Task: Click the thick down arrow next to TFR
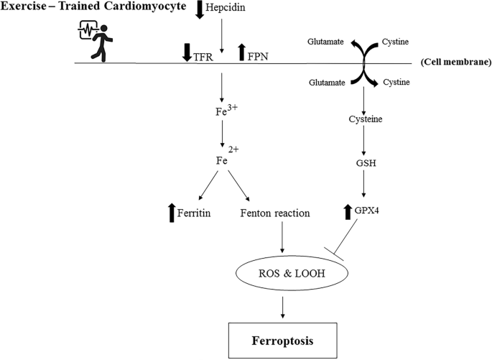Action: [187, 52]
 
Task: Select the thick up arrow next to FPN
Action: [241, 52]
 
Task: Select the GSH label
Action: [366, 163]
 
